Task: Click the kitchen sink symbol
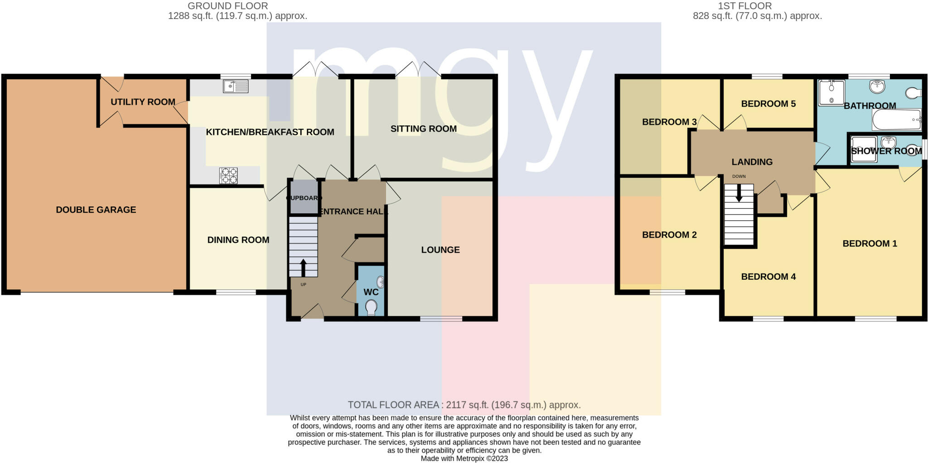236,86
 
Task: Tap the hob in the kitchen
228,176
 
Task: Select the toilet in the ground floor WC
372,307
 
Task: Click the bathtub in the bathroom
897,119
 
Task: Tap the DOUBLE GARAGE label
96,210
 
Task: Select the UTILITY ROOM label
143,102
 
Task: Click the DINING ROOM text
238,240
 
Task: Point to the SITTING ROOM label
424,129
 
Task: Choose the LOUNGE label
440,250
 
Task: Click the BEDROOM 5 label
768,104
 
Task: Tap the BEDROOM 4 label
768,277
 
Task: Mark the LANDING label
752,162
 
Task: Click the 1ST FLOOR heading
757,6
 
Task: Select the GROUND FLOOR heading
228,6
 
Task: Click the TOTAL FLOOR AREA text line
464,405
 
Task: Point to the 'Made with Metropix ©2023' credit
464,458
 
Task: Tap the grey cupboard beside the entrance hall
304,197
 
